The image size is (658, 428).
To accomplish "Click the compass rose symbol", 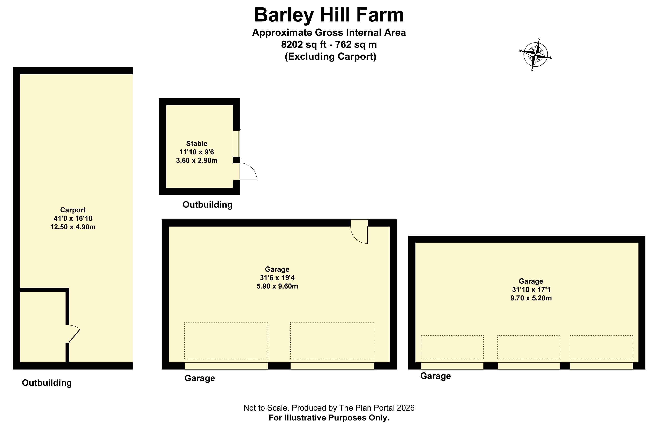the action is [x=536, y=55].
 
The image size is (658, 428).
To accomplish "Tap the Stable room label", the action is [x=197, y=143].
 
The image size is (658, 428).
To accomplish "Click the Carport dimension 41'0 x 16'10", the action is [x=73, y=218].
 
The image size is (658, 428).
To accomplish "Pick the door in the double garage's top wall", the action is [x=359, y=232].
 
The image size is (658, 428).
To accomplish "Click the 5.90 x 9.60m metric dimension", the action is [x=277, y=286].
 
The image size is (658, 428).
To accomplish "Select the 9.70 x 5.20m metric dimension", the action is [x=531, y=298].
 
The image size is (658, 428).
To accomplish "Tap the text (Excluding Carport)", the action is [x=330, y=57].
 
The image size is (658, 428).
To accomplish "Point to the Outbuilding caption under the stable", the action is [x=208, y=205].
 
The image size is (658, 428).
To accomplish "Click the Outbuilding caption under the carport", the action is [x=47, y=383].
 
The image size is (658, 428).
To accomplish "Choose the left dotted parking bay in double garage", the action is [x=226, y=341].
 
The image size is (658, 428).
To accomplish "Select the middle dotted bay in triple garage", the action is [x=529, y=347].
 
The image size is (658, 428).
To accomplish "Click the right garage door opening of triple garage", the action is [x=601, y=366].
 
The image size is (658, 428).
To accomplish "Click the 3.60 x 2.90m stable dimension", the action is [x=197, y=160].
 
